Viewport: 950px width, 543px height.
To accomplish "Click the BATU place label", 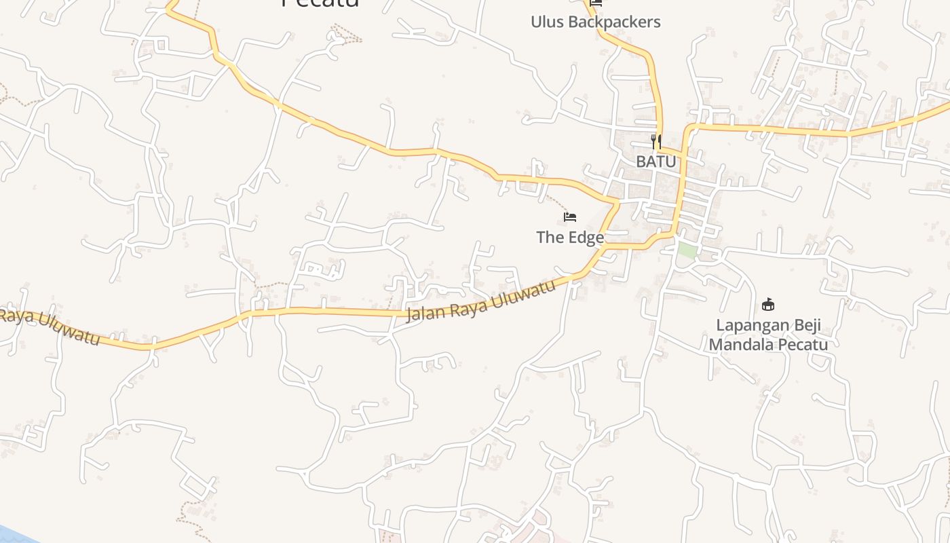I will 655,162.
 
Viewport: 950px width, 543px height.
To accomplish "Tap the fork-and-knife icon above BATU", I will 655,141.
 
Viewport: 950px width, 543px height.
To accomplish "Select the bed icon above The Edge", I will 570,217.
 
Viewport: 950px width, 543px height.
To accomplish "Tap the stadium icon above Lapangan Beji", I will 768,304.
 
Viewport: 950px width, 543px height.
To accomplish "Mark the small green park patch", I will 687,250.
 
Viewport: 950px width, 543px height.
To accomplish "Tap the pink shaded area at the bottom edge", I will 536,533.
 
